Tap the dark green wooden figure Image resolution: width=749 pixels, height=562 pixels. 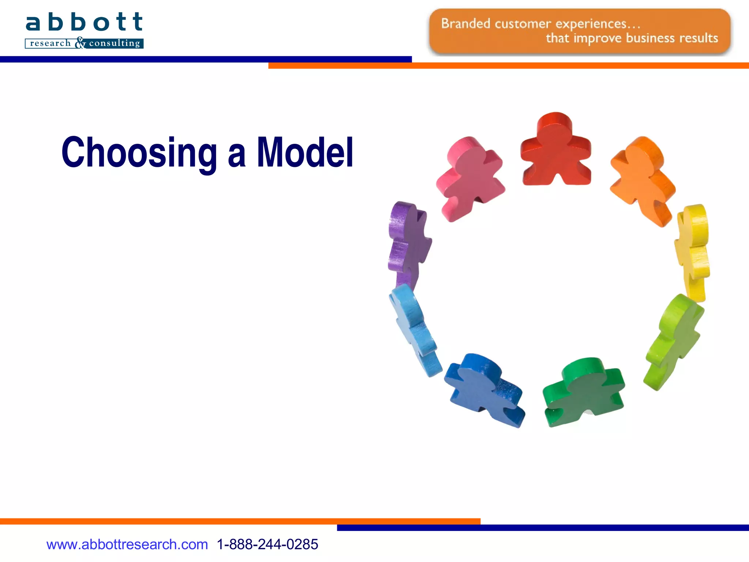583,391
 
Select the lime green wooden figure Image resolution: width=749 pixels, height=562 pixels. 673,340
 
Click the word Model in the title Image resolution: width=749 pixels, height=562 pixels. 305,152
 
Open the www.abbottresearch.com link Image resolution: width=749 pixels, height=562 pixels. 127,544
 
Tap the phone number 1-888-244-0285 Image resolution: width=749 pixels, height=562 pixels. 267,544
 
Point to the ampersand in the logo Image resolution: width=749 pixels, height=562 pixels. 80,43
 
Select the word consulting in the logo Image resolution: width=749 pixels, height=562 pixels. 114,43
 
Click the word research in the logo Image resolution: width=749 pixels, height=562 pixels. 50,43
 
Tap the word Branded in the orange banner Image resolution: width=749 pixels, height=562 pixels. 465,24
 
